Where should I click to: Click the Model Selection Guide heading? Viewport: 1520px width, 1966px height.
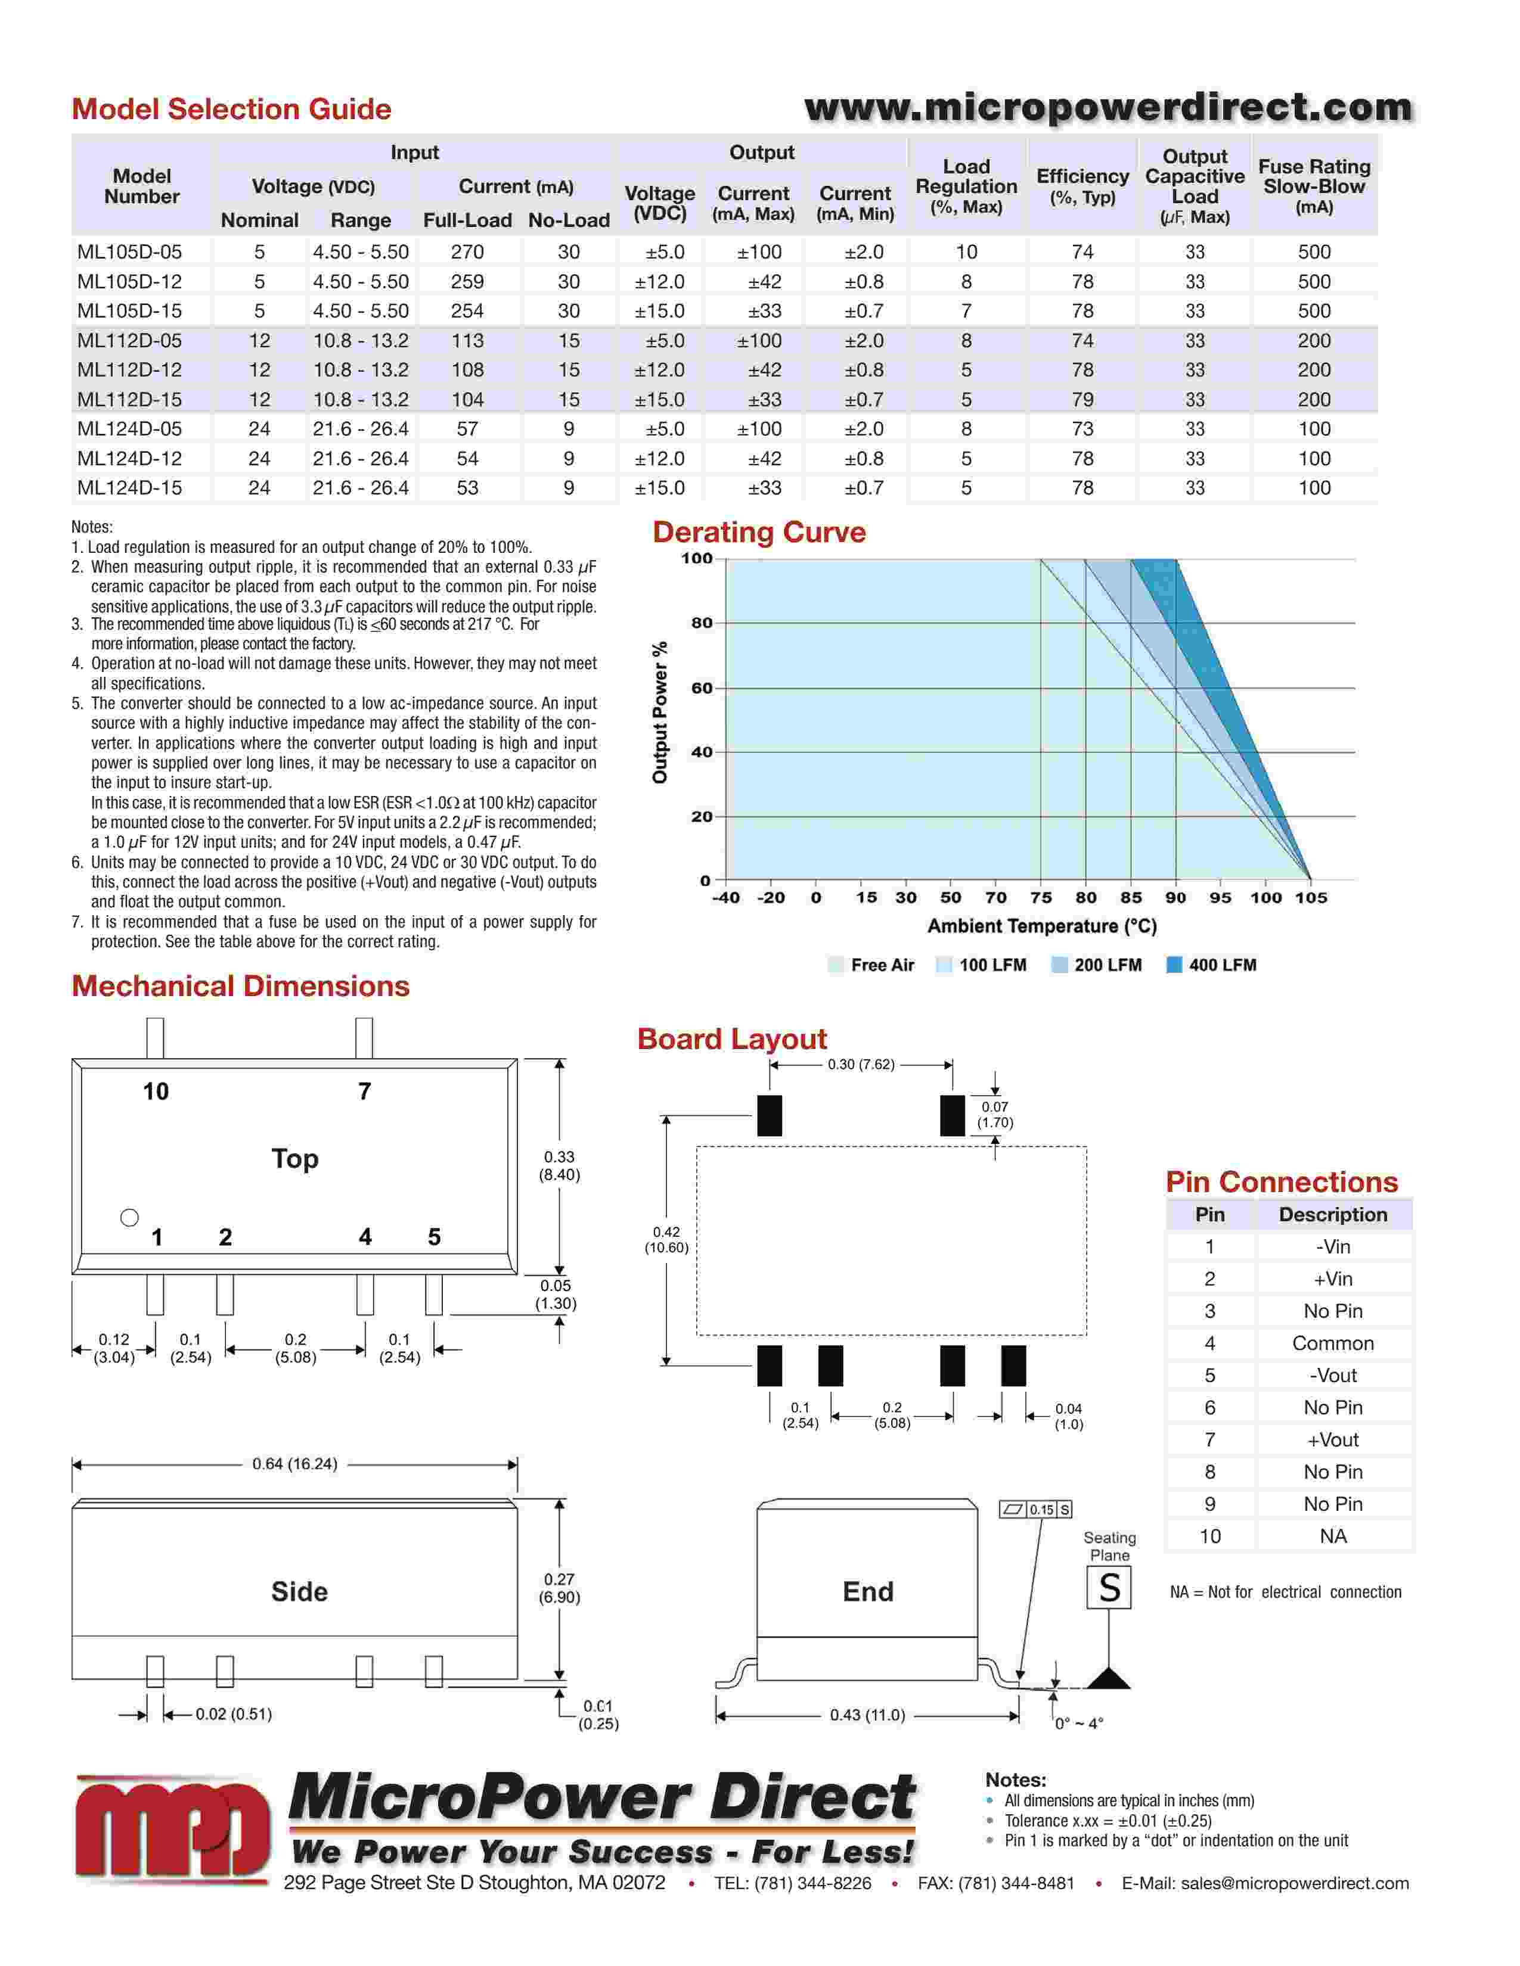click(231, 109)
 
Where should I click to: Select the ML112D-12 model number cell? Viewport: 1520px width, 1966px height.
click(130, 370)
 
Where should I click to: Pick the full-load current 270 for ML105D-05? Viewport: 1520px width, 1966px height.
click(467, 252)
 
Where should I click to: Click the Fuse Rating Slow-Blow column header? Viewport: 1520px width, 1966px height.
click(1314, 186)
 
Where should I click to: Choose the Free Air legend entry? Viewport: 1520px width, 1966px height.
click(871, 965)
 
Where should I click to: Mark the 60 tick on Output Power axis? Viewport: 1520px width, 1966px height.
click(702, 688)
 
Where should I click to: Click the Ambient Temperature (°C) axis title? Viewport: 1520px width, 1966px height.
click(1042, 926)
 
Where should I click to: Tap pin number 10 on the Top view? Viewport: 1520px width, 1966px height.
click(156, 1092)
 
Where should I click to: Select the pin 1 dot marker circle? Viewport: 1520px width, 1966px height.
click(130, 1218)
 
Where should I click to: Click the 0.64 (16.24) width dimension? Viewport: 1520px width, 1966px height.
click(294, 1464)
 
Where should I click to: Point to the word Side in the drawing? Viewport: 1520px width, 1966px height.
click(299, 1591)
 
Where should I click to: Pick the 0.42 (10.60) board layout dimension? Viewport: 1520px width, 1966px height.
click(666, 1240)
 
